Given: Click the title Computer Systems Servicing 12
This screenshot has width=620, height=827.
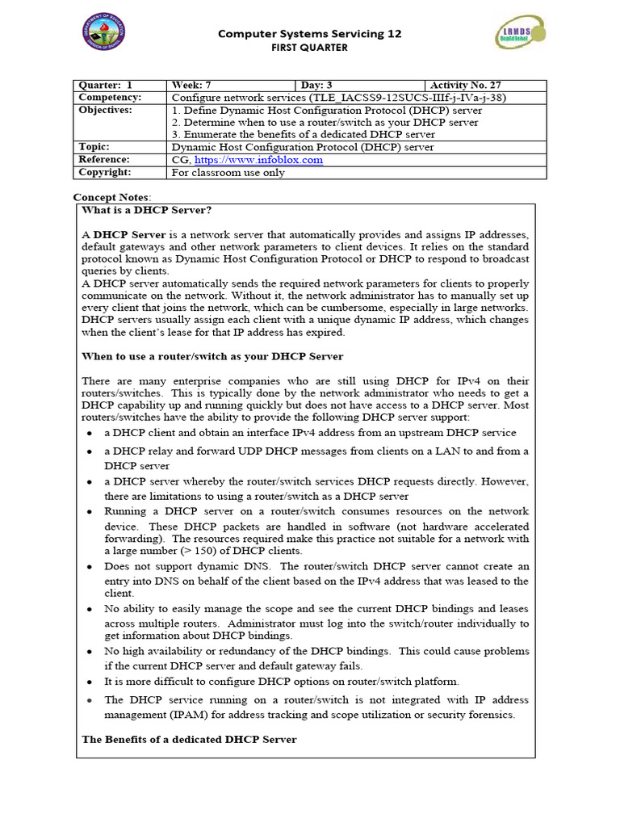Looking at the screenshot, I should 310,34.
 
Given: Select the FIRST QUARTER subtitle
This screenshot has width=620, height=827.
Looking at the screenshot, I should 310,48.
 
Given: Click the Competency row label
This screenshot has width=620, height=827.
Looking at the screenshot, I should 110,98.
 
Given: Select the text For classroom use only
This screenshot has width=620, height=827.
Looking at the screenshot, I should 228,172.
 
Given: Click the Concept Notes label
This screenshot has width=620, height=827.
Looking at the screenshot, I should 111,197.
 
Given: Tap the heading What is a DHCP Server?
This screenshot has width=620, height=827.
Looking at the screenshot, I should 146,210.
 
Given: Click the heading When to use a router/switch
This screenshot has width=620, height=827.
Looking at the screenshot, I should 212,356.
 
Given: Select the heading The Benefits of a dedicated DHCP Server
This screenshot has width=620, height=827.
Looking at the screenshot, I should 189,739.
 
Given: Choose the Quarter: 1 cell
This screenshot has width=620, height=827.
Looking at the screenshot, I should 105,86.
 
